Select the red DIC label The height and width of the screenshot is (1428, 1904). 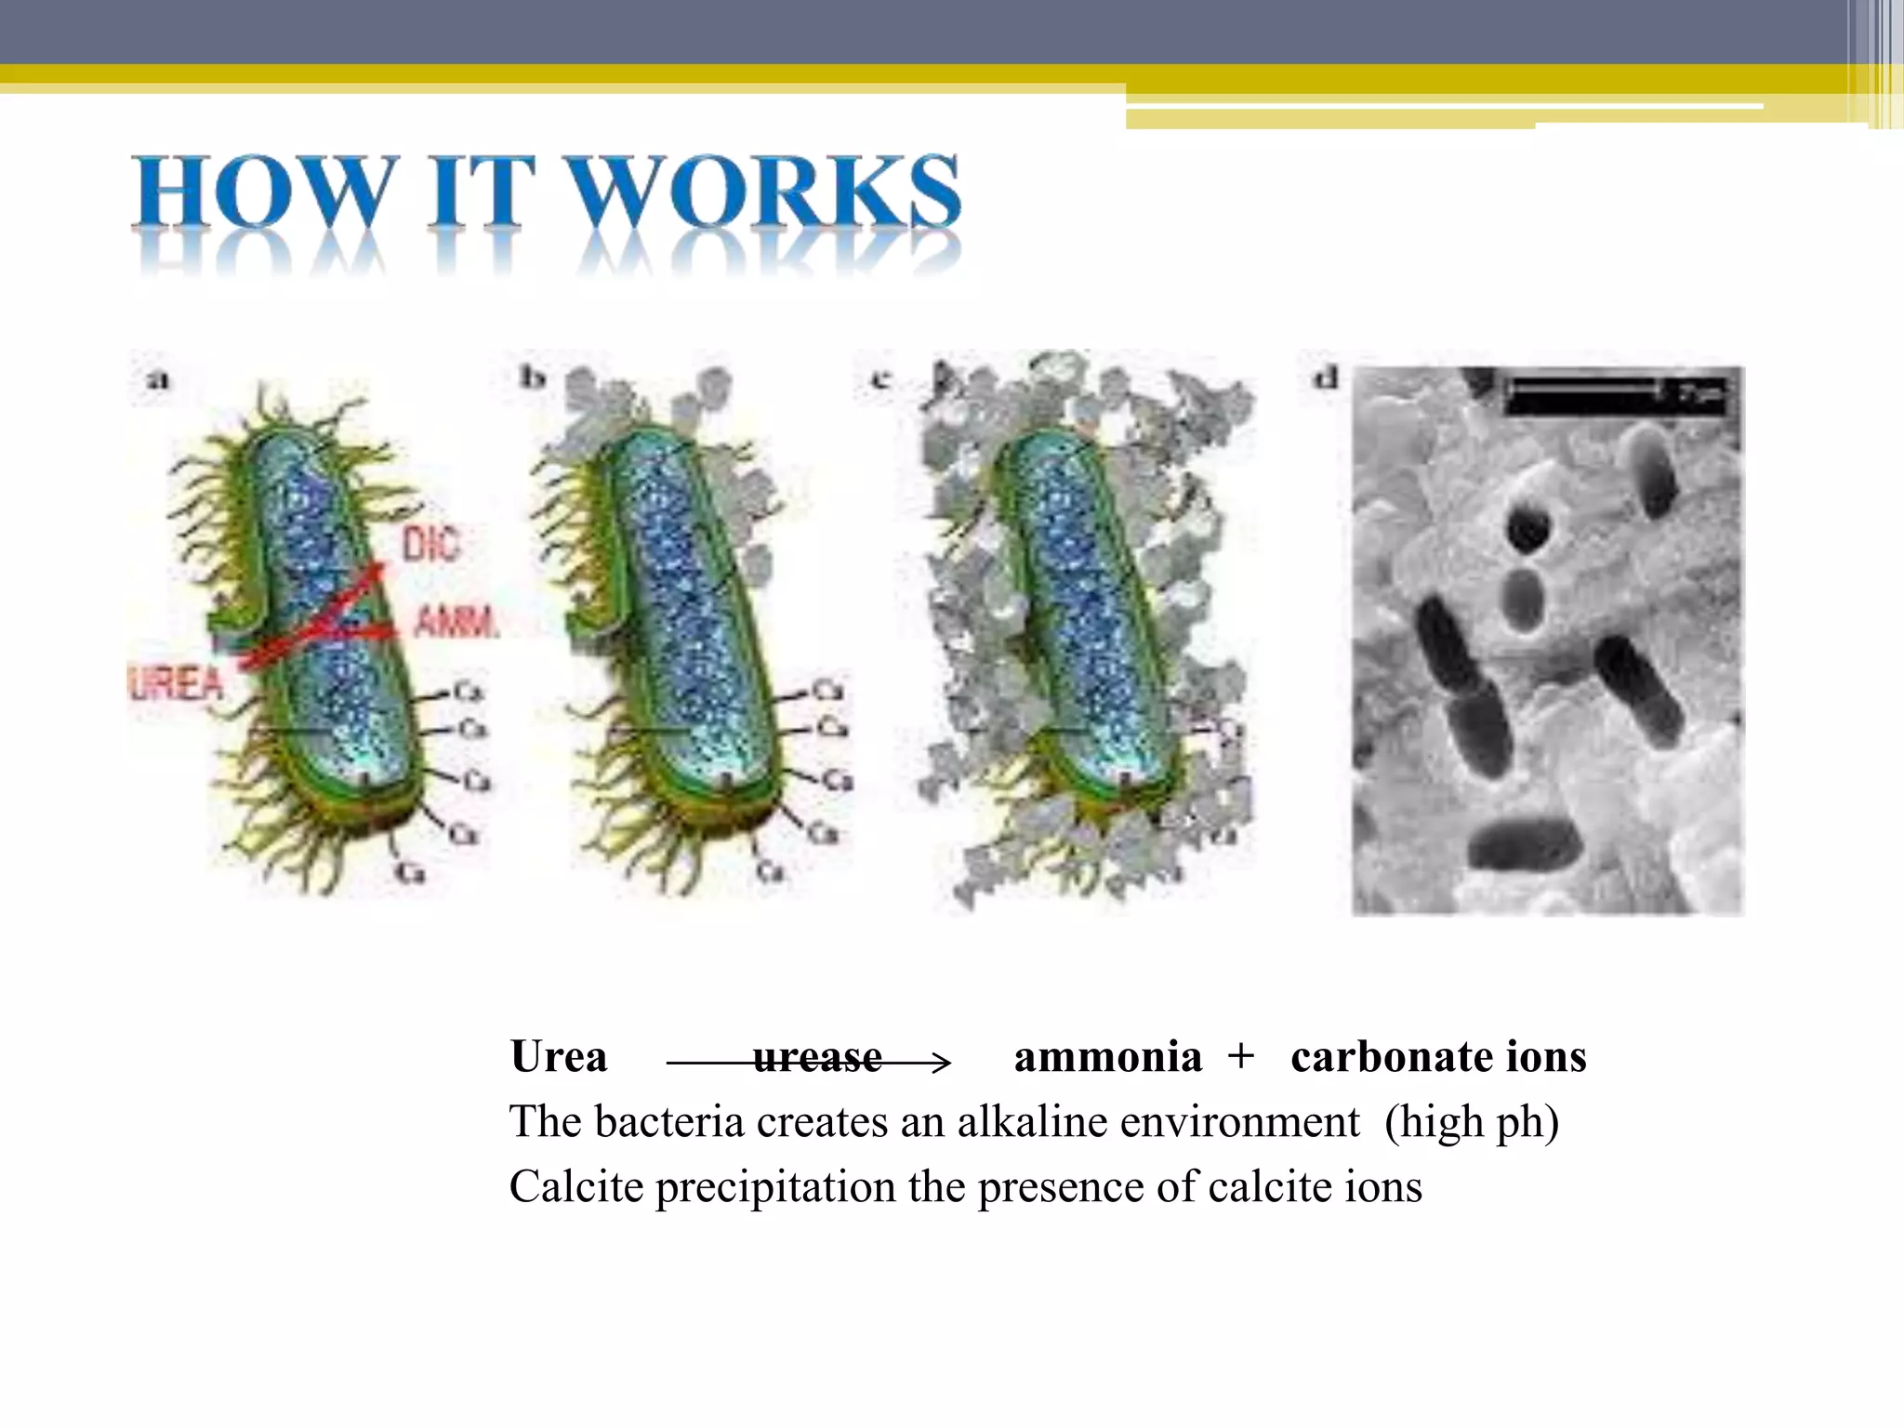(431, 545)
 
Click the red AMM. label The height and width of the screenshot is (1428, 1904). (456, 621)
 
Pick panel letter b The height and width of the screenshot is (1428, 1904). (532, 377)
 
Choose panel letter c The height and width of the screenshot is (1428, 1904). (879, 378)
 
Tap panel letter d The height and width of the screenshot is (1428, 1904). (1325, 377)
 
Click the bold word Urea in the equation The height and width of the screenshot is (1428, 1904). (559, 1057)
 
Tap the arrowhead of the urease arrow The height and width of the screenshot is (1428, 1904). (941, 1062)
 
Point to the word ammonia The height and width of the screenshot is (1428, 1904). (1107, 1057)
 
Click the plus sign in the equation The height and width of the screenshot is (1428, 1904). (1240, 1057)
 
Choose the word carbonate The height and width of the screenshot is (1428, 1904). (1392, 1057)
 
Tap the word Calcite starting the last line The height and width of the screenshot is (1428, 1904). (575, 1187)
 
